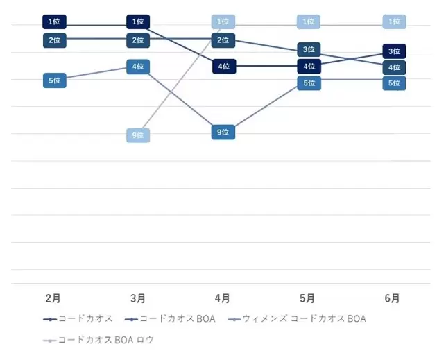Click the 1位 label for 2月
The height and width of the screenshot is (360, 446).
54,22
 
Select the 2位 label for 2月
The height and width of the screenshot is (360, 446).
54,40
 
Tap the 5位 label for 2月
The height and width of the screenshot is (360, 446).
54,80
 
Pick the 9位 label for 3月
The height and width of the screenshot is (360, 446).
139,135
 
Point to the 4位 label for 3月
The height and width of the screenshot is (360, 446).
139,67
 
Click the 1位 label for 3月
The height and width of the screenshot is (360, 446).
139,22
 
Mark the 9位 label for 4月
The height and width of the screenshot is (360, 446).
223,132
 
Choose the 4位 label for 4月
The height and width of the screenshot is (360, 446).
223,67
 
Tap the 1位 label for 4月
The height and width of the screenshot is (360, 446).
223,22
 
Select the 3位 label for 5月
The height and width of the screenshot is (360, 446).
309,49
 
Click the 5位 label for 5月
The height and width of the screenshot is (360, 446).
309,83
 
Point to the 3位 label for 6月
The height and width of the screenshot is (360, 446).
394,51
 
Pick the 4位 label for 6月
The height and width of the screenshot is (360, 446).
394,67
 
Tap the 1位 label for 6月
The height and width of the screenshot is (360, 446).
394,22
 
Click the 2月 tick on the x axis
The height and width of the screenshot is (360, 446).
53,298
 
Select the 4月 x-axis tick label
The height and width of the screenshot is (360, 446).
223,298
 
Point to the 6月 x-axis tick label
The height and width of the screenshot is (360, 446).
392,298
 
